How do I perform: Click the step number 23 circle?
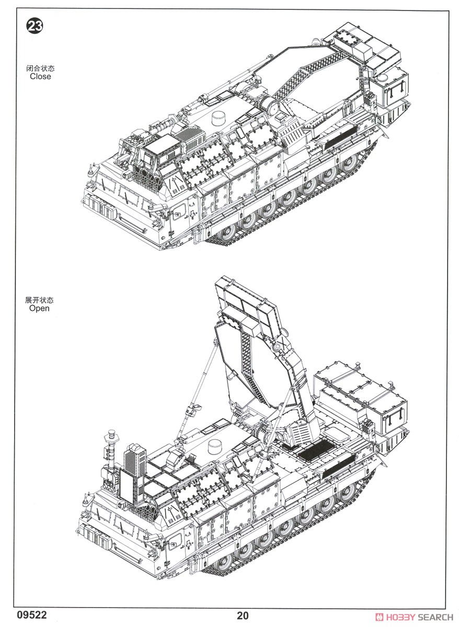[35, 26]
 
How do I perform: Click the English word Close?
[40, 76]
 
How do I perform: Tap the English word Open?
[39, 308]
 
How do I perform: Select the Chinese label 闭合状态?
[40, 68]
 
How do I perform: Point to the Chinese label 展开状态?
[39, 300]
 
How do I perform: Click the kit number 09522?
[32, 616]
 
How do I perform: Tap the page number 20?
[243, 616]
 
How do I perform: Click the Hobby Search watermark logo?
[416, 617]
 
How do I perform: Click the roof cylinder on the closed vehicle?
[219, 119]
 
